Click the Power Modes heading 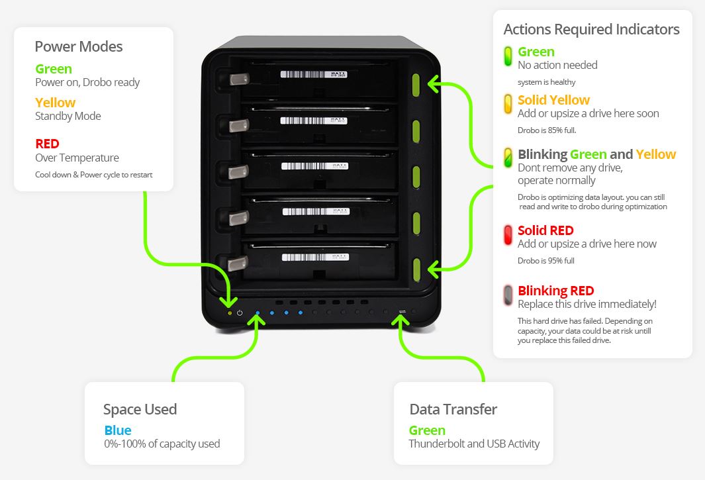(78, 46)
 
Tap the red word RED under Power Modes (47, 144)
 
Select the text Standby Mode (68, 116)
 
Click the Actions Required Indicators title (591, 29)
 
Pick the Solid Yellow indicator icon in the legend (508, 104)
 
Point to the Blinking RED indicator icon (508, 295)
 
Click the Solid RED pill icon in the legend (508, 235)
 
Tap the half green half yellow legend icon (508, 158)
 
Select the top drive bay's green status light (417, 85)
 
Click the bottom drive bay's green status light (417, 268)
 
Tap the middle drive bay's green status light (417, 177)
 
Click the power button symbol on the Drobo (240, 312)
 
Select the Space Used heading (140, 409)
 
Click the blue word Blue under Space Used (118, 430)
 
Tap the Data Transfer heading (453, 409)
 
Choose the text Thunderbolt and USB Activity (474, 444)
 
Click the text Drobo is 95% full (545, 261)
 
